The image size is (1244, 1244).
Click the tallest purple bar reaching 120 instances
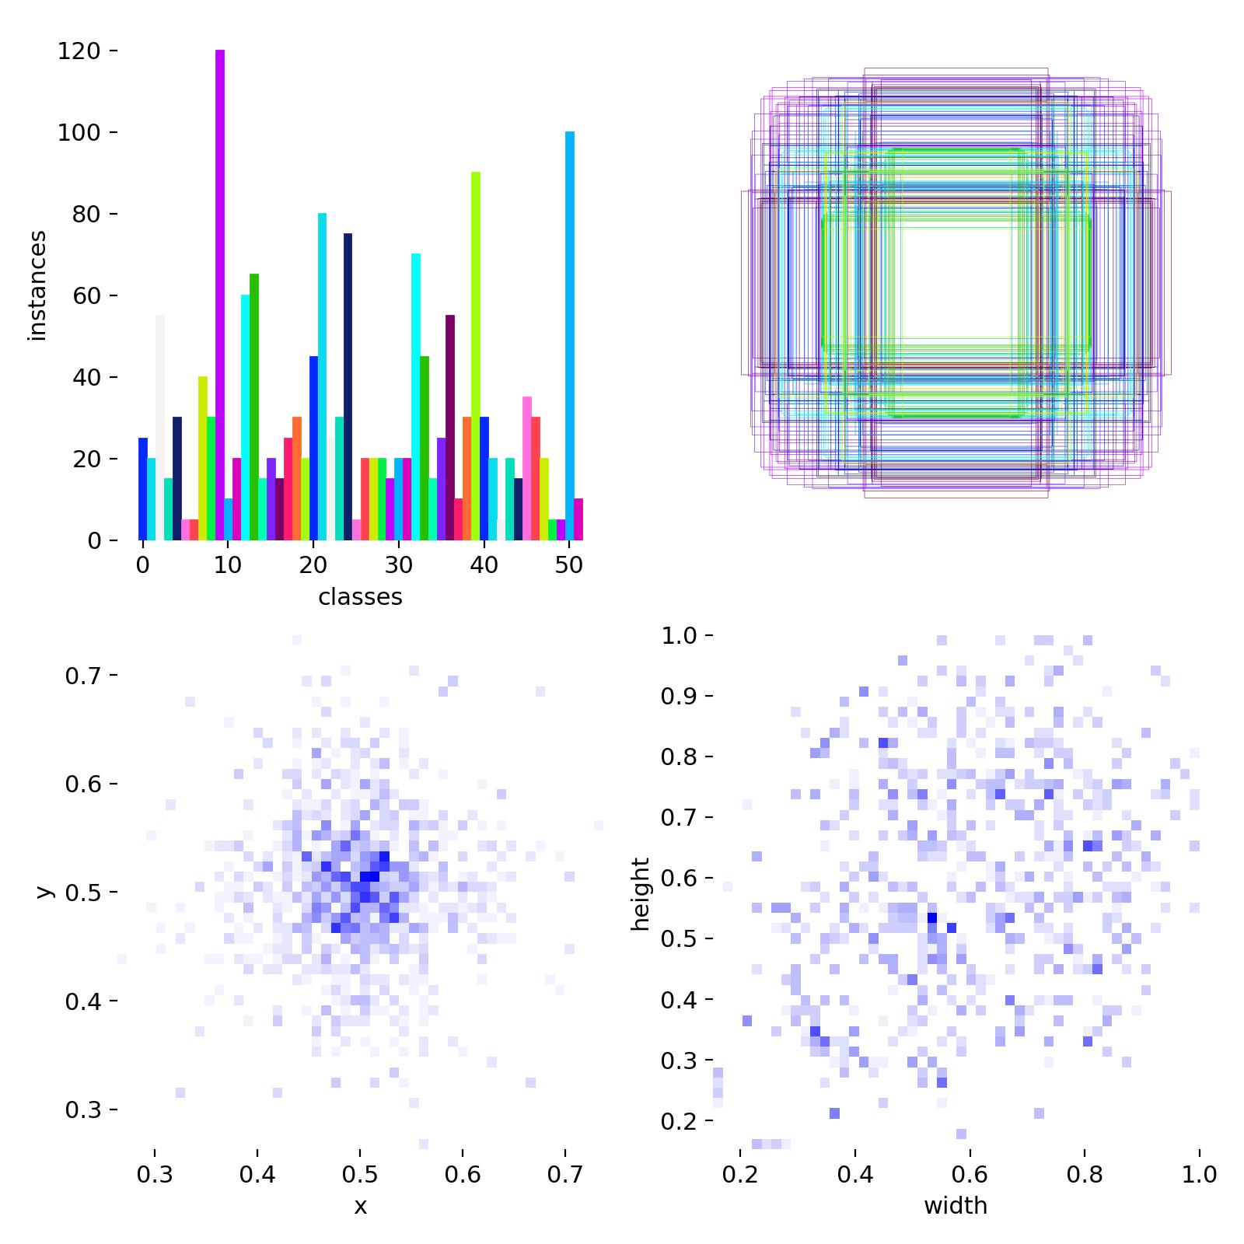pos(220,295)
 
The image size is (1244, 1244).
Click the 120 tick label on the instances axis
pos(79,51)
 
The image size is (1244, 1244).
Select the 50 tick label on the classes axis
pos(569,565)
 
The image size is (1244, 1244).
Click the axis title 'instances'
pos(37,285)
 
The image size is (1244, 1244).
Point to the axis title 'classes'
pos(360,597)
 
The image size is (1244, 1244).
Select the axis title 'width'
pos(956,1206)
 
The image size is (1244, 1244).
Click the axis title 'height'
pos(641,893)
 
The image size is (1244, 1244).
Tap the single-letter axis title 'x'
pos(360,1206)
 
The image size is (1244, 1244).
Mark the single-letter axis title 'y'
pos(45,891)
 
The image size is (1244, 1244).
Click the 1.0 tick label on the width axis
pos(1200,1174)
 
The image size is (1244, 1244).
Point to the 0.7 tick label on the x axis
pos(564,1174)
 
